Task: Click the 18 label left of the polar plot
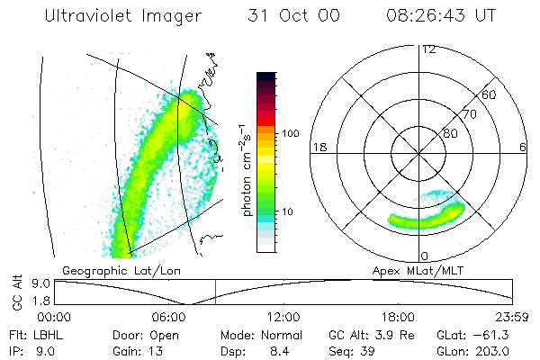click(x=318, y=147)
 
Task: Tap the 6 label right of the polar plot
click(x=523, y=147)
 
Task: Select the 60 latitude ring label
click(x=490, y=94)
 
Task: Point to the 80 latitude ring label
click(x=450, y=133)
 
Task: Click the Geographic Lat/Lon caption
click(x=109, y=269)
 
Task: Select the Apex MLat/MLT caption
click(x=442, y=269)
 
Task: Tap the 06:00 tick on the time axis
click(x=169, y=317)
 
